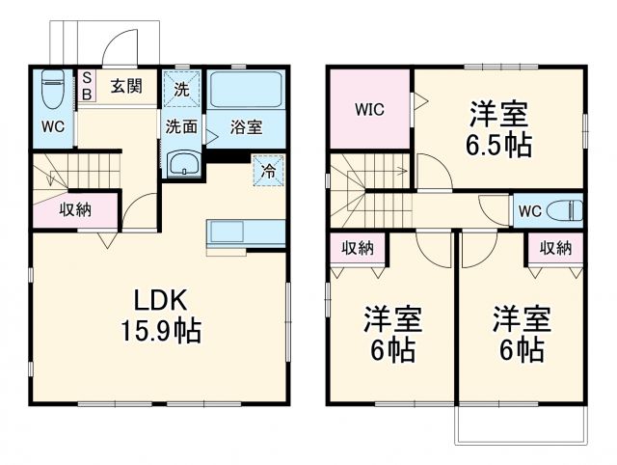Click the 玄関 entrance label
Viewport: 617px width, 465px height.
click(125, 86)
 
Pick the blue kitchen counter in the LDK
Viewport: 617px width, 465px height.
click(245, 232)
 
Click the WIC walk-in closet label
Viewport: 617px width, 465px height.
click(369, 109)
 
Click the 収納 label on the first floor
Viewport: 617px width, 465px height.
click(76, 209)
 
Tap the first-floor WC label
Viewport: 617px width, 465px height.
click(51, 126)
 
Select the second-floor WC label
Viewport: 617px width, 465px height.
click(529, 211)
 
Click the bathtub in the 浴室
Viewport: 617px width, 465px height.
click(245, 90)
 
